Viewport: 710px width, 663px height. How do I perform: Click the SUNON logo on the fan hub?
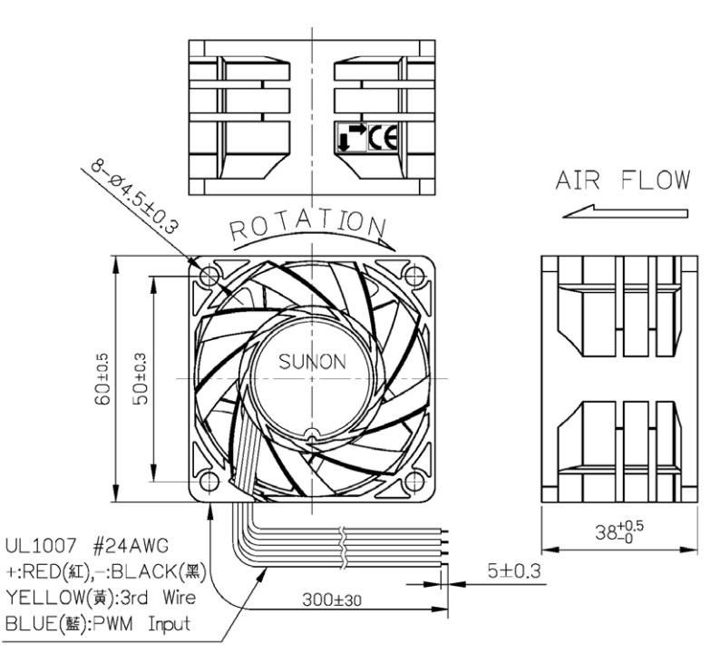(312, 361)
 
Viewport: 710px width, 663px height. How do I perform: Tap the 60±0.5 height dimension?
(102, 379)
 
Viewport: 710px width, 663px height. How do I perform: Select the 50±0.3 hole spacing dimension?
(141, 379)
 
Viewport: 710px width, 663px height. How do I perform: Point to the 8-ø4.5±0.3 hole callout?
(134, 197)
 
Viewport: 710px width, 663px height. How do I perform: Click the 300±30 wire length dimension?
(332, 600)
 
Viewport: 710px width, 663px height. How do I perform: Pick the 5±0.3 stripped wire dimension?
(514, 571)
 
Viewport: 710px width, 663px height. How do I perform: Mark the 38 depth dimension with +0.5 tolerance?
(619, 531)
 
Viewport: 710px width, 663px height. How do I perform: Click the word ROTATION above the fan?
(308, 224)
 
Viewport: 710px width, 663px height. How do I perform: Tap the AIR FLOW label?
(623, 180)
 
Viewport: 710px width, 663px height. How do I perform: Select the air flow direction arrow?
(625, 212)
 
